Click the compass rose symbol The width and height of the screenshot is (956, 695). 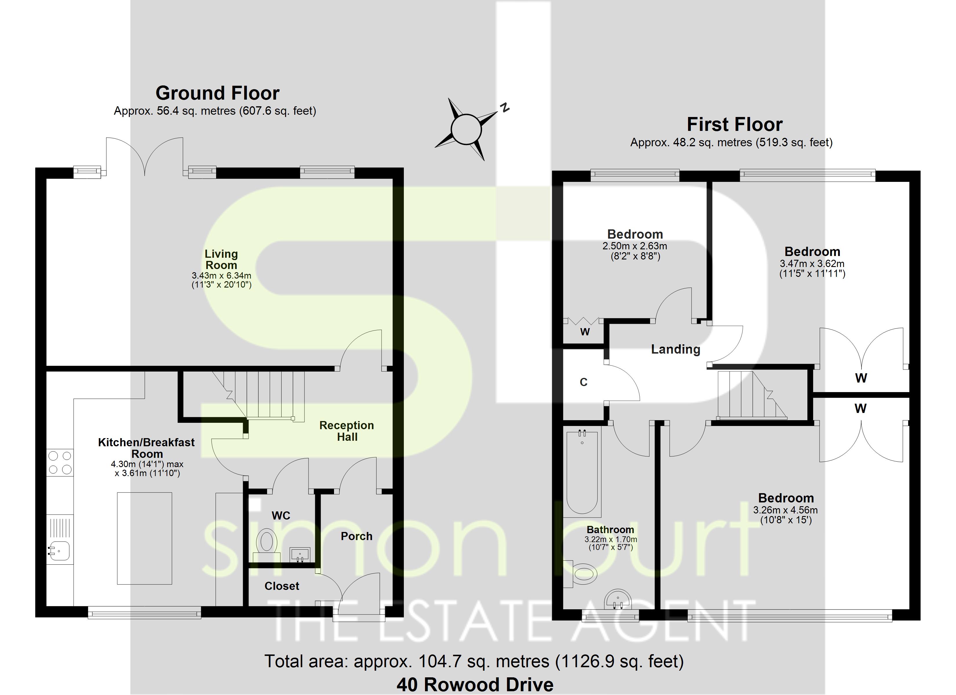[466, 129]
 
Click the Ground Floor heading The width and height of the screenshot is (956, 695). [218, 93]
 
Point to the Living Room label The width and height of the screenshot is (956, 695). [221, 260]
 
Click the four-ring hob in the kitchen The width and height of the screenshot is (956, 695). [60, 462]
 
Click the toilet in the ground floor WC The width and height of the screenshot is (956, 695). [266, 542]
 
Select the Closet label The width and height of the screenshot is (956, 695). [282, 586]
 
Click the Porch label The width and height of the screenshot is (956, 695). [357, 536]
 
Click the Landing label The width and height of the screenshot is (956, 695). [676, 349]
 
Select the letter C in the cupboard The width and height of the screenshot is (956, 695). [583, 382]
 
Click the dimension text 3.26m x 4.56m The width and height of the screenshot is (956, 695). [786, 510]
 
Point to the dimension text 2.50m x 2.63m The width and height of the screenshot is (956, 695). [635, 246]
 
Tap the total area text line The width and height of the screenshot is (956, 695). [474, 661]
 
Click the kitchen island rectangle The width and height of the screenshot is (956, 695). [144, 538]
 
